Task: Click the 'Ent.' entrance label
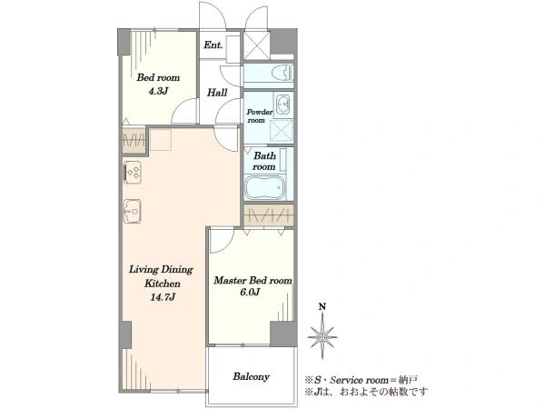(x=213, y=45)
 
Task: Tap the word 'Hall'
(x=217, y=93)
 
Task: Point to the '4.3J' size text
(x=158, y=92)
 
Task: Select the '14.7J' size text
(x=163, y=297)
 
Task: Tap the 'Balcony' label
(x=251, y=376)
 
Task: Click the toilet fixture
(x=285, y=73)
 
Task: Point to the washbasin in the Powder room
(x=284, y=104)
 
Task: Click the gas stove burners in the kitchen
(x=133, y=173)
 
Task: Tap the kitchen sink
(x=133, y=211)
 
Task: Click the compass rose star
(x=322, y=336)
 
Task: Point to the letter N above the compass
(x=322, y=307)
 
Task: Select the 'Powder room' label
(x=259, y=116)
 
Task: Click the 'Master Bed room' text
(x=253, y=280)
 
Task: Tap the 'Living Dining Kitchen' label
(x=162, y=276)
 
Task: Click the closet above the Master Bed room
(x=269, y=215)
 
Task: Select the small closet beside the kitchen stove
(x=134, y=140)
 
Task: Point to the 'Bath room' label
(x=264, y=161)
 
